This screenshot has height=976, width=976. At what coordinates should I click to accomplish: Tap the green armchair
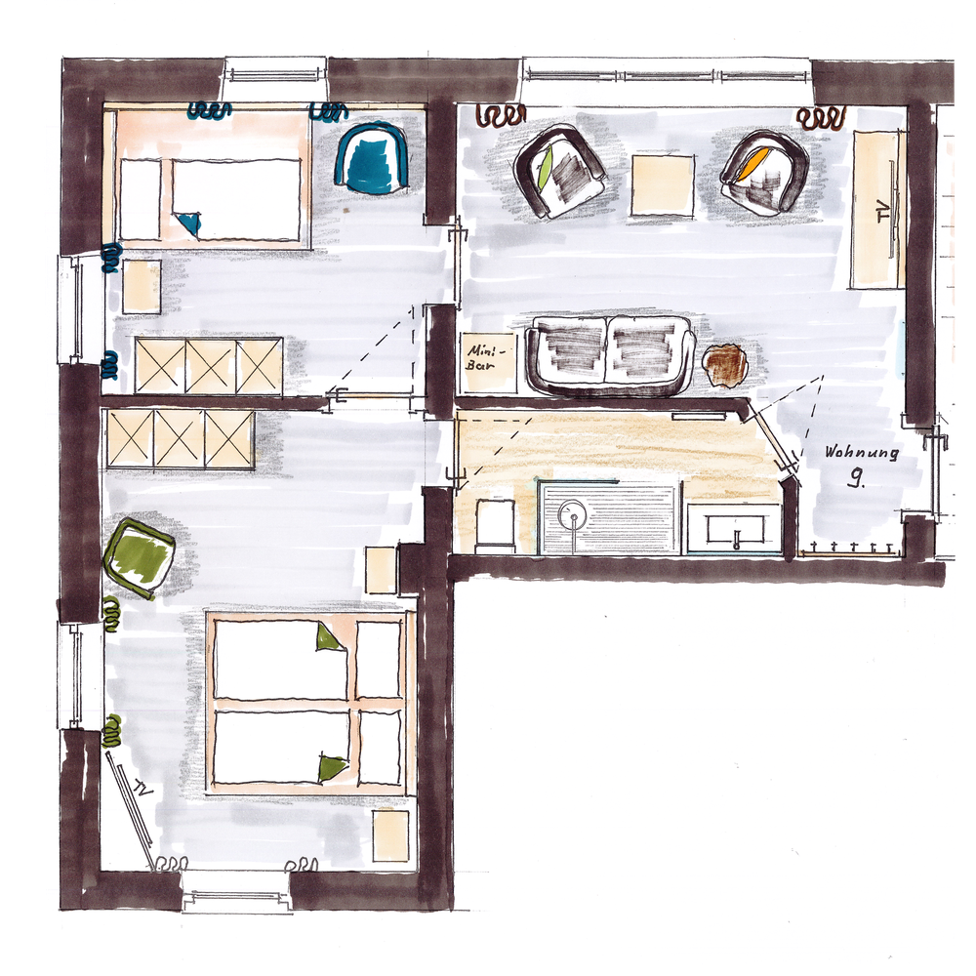[x=139, y=551]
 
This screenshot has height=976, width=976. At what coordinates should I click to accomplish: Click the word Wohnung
[x=862, y=453]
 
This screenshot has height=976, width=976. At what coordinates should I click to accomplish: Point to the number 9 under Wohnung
[x=858, y=477]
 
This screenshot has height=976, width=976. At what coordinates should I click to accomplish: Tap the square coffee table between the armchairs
[x=663, y=185]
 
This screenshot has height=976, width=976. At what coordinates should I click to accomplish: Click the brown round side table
[x=724, y=366]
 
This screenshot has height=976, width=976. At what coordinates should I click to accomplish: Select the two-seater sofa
[x=611, y=355]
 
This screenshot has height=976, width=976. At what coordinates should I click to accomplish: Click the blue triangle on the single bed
[x=188, y=223]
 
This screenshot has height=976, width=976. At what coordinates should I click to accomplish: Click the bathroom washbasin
[x=736, y=529]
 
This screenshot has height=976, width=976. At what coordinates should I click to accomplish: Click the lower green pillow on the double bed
[x=333, y=768]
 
